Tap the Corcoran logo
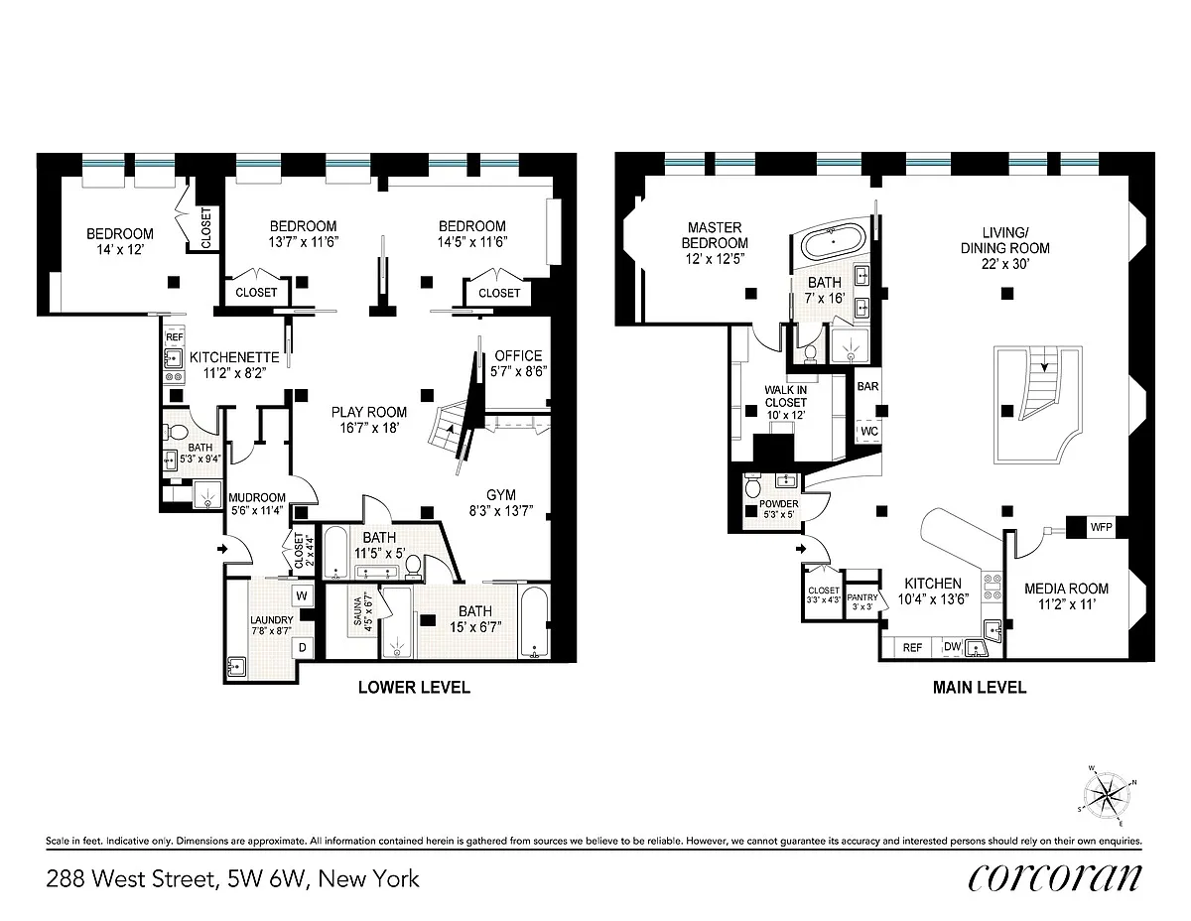click(1055, 878)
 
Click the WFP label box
click(1101, 527)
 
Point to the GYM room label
click(501, 495)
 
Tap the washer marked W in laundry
click(302, 595)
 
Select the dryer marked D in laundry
click(302, 648)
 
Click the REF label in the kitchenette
click(175, 337)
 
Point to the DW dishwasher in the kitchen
click(952, 646)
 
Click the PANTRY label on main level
click(862, 597)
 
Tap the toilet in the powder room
click(752, 485)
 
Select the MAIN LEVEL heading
click(980, 688)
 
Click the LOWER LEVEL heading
click(414, 688)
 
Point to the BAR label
click(867, 386)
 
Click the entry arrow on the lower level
click(222, 549)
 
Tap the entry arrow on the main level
click(801, 549)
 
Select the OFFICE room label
click(518, 355)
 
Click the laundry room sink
click(236, 668)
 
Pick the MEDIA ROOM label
click(1067, 589)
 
